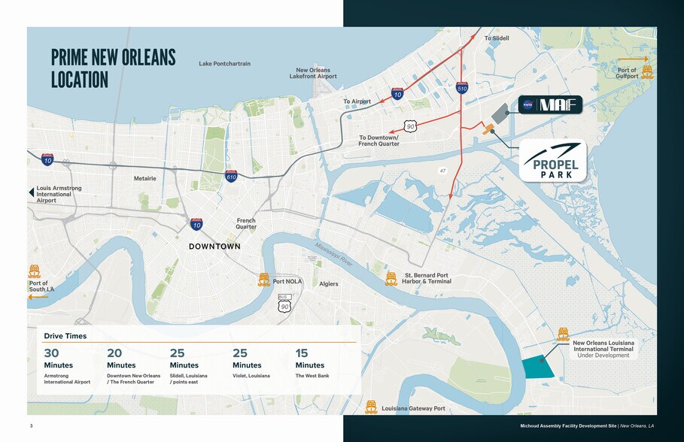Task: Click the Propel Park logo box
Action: coord(553,161)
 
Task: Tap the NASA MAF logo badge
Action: coord(550,105)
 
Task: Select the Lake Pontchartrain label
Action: coord(224,64)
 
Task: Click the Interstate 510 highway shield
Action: coord(462,88)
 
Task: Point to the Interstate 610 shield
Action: coord(231,176)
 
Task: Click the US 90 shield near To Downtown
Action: coord(410,126)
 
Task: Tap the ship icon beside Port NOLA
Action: coord(264,280)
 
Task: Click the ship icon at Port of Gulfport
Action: coord(646,72)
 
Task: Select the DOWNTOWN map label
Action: coord(214,247)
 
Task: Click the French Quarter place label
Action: coord(246,223)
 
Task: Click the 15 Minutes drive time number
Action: coord(302,353)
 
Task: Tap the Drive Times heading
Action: coord(65,336)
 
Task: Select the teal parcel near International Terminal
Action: coord(537,367)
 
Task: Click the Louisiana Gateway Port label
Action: coord(413,409)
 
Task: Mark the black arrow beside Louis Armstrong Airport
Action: coord(32,192)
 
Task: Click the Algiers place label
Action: coord(329,284)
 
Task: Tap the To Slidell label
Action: coord(497,38)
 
